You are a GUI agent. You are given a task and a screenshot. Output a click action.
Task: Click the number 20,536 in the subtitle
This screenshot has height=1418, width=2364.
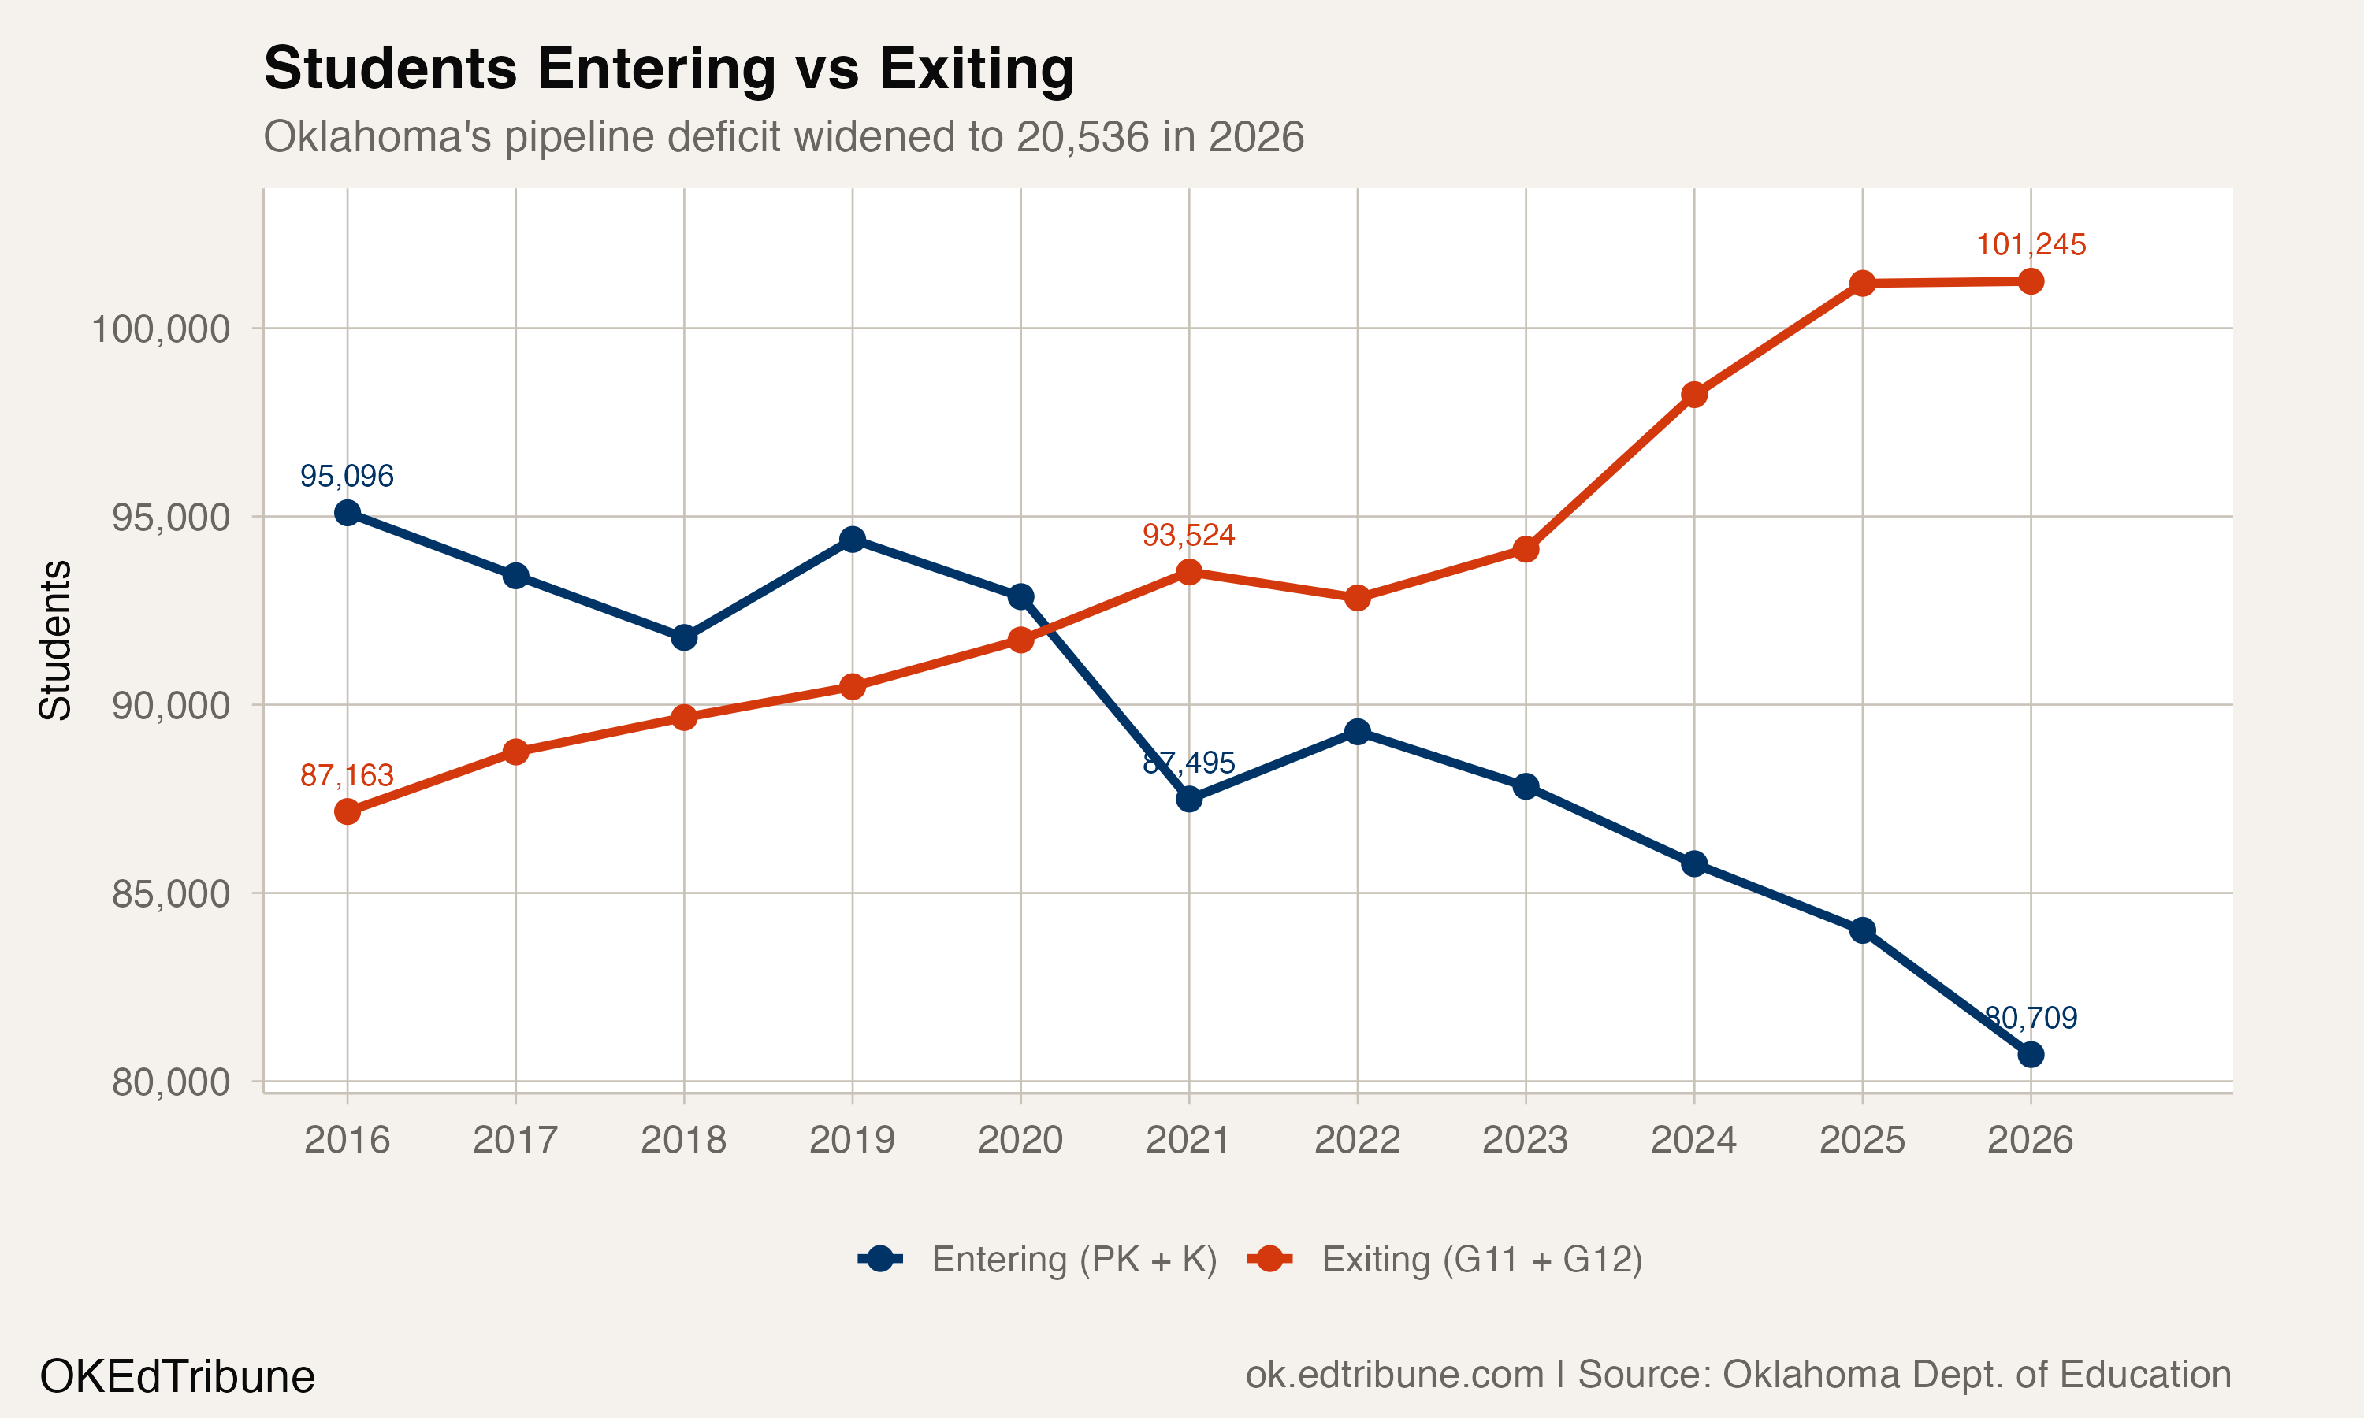coord(1082,138)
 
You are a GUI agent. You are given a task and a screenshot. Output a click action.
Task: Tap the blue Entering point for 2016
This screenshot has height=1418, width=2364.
coord(348,513)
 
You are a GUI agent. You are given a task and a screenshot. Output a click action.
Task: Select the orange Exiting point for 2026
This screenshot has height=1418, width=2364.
coord(2031,282)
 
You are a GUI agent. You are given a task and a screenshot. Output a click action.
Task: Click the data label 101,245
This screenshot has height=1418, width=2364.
coord(2031,246)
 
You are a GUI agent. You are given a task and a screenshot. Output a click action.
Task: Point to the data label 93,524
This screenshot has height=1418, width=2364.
coord(1188,535)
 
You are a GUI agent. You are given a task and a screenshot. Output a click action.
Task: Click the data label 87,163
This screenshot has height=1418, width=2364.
coord(347,775)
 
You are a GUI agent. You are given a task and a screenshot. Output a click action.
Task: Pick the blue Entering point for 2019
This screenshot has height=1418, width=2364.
coord(853,540)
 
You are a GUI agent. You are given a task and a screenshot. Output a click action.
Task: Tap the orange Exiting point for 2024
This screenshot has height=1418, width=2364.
coord(1694,395)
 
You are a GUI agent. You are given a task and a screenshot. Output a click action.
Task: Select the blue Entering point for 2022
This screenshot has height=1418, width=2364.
coord(1357,732)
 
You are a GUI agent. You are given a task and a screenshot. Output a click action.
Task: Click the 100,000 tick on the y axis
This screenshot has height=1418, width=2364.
coord(161,329)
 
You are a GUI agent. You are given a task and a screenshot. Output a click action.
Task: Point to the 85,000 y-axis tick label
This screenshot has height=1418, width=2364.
coord(171,894)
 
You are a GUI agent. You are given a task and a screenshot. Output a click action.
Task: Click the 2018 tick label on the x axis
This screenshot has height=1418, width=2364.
coord(683,1140)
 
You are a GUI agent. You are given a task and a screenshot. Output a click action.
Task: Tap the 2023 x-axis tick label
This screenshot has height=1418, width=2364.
coord(1525,1140)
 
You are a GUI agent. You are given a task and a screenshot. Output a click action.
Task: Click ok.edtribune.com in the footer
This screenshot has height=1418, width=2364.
coord(1394,1375)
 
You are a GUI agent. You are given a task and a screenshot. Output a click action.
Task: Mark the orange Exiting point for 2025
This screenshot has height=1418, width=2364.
coord(1862,284)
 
